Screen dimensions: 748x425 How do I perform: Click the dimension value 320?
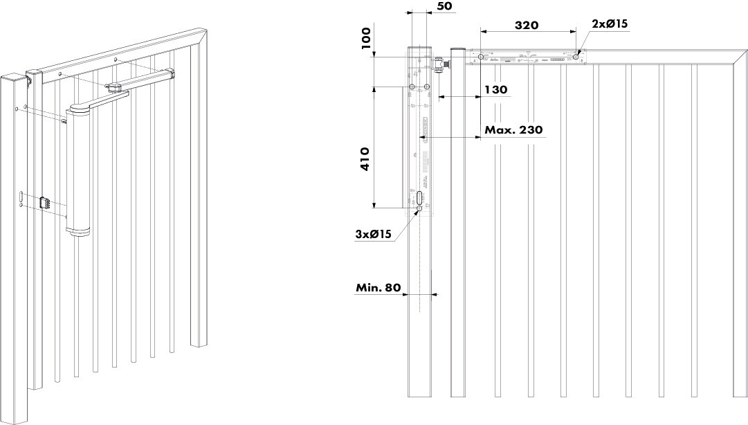click(527, 25)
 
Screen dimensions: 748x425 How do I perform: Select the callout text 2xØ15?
click(609, 24)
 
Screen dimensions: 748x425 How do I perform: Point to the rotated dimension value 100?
click(367, 40)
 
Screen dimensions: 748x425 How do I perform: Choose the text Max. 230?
click(513, 129)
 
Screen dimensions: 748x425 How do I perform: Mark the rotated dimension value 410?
click(365, 159)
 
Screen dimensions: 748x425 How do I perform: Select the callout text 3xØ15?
click(374, 234)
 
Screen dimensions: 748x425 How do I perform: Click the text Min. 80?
click(378, 287)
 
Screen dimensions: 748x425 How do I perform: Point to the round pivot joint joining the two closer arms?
click(116, 87)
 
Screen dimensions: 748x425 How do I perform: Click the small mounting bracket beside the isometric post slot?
click(46, 203)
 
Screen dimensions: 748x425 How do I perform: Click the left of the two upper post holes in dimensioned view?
click(412, 87)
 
